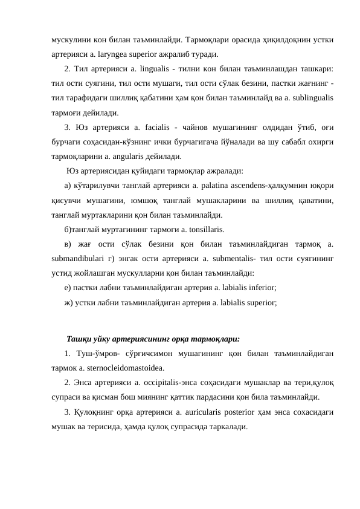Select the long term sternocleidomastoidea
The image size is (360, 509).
[124, 368]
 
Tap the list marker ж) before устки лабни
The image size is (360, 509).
[68, 303]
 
